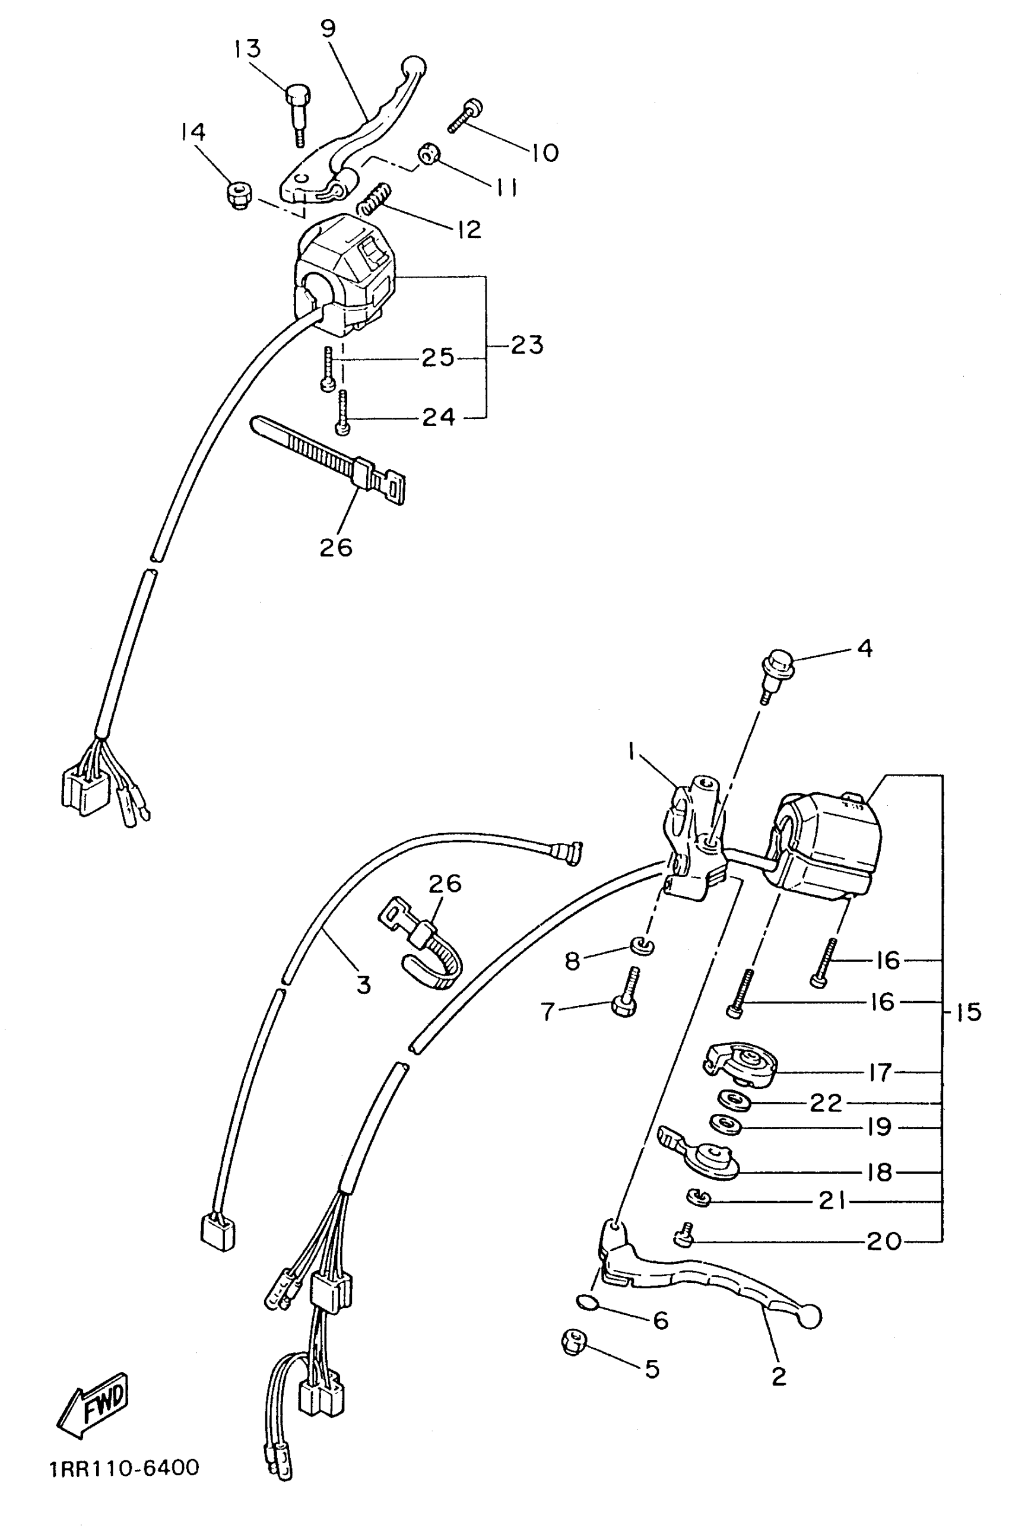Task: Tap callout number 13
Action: click(247, 49)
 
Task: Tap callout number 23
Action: click(527, 345)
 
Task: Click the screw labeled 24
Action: click(342, 412)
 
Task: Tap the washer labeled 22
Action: click(734, 1100)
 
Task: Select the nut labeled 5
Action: click(573, 1342)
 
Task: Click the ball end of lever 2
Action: click(810, 1317)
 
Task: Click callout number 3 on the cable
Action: click(364, 985)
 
